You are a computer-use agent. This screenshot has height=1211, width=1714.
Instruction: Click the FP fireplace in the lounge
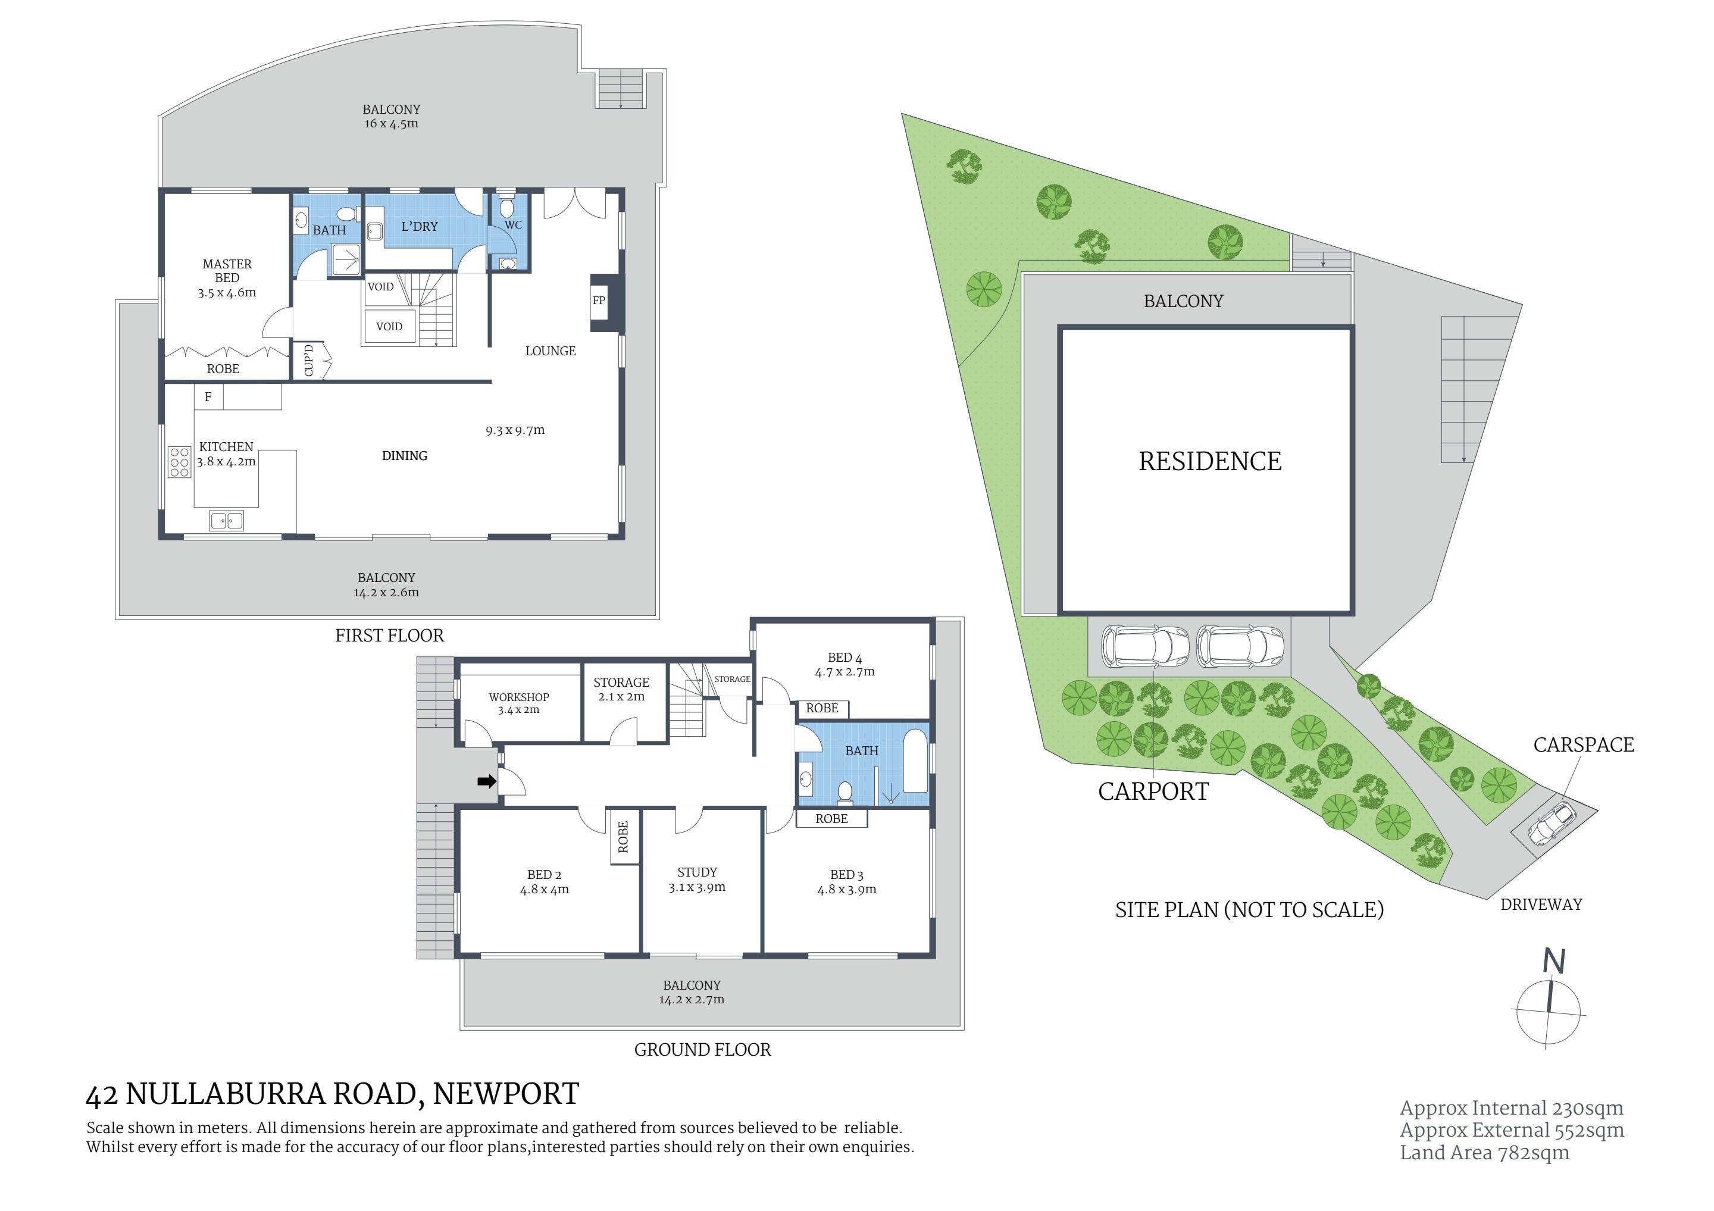599,302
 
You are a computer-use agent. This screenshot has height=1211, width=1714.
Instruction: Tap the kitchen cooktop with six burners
179,462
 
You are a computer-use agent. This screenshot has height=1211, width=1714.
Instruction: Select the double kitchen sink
226,520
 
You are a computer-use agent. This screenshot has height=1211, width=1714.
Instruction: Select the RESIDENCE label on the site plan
1210,461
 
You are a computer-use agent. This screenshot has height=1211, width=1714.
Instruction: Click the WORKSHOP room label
519,697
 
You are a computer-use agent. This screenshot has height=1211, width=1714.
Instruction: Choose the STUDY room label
698,872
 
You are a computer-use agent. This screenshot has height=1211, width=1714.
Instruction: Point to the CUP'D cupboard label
309,360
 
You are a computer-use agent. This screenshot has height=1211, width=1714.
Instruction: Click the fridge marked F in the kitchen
208,396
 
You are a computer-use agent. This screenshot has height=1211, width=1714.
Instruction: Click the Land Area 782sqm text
1484,1153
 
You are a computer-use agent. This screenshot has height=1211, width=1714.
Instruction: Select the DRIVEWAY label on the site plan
1541,905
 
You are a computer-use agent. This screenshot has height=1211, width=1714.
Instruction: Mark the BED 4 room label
845,657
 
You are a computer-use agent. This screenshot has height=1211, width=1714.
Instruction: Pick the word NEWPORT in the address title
505,1094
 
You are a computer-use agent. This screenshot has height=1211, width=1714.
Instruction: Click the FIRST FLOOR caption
389,636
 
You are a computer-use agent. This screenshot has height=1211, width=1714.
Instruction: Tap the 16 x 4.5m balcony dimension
391,123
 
